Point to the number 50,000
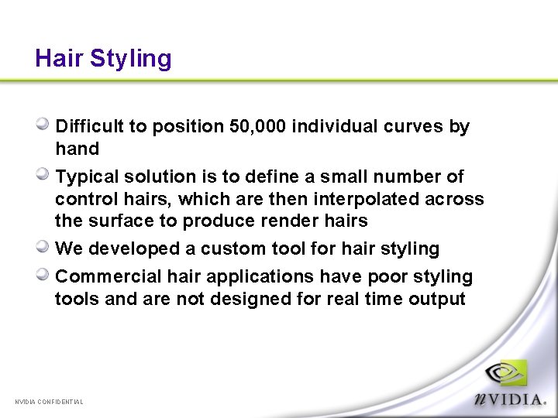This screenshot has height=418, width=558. (259, 126)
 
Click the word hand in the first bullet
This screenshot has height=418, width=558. (77, 149)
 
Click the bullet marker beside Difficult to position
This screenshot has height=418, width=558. (44, 124)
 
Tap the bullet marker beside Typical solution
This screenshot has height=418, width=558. (44, 175)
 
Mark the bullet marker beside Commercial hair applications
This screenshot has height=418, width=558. (44, 275)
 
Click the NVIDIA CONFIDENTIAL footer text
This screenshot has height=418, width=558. (50, 402)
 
